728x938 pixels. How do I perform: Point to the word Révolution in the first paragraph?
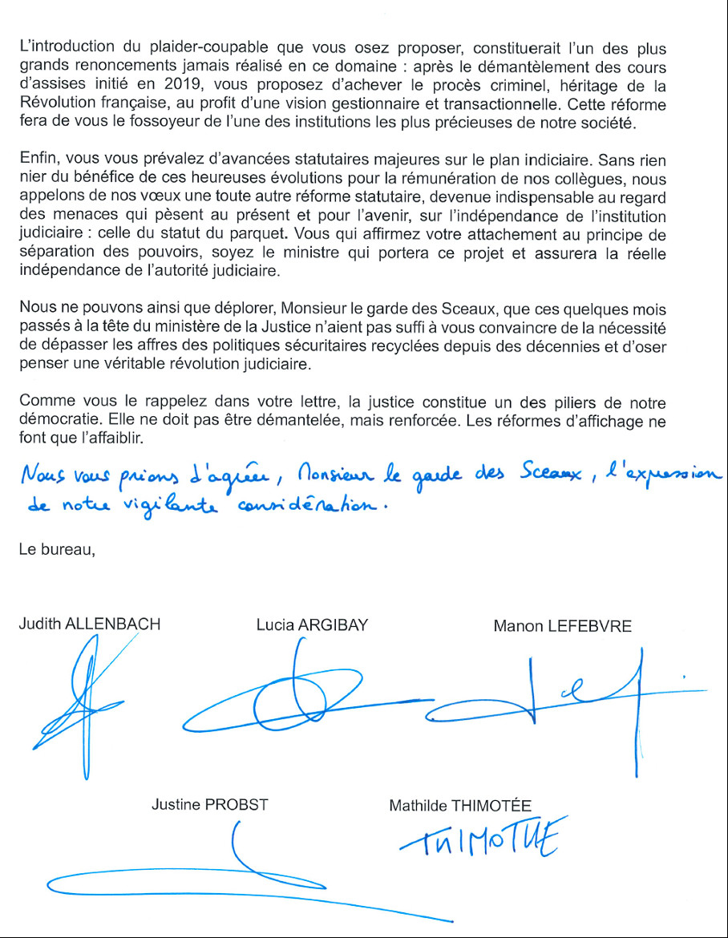[x=55, y=105]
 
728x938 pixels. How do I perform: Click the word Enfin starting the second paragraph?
[x=35, y=160]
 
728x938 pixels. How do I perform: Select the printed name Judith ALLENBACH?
[x=89, y=625]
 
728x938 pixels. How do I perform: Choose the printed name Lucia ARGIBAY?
[x=312, y=625]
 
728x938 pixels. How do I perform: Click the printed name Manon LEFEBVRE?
[x=562, y=625]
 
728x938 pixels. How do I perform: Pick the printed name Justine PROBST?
[x=209, y=805]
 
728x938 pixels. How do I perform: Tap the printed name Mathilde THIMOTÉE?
[x=459, y=806]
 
